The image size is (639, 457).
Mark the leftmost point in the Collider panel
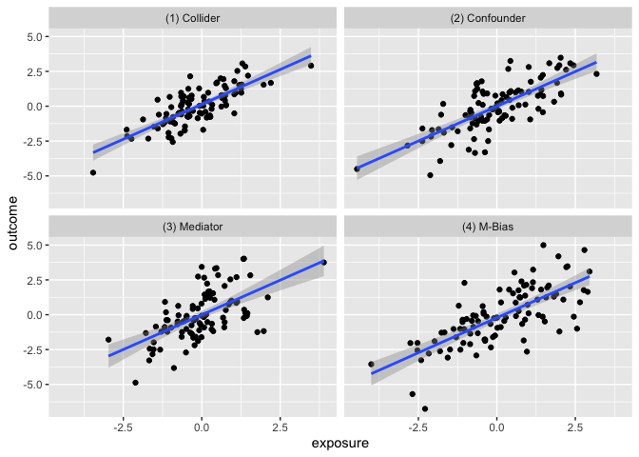coord(93,172)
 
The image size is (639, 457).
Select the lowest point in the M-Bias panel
coord(425,408)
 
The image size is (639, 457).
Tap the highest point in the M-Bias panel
coord(543,245)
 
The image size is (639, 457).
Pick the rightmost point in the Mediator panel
coord(323,263)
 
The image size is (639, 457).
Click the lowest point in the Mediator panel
coord(135,383)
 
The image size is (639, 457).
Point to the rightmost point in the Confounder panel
coord(596,73)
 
